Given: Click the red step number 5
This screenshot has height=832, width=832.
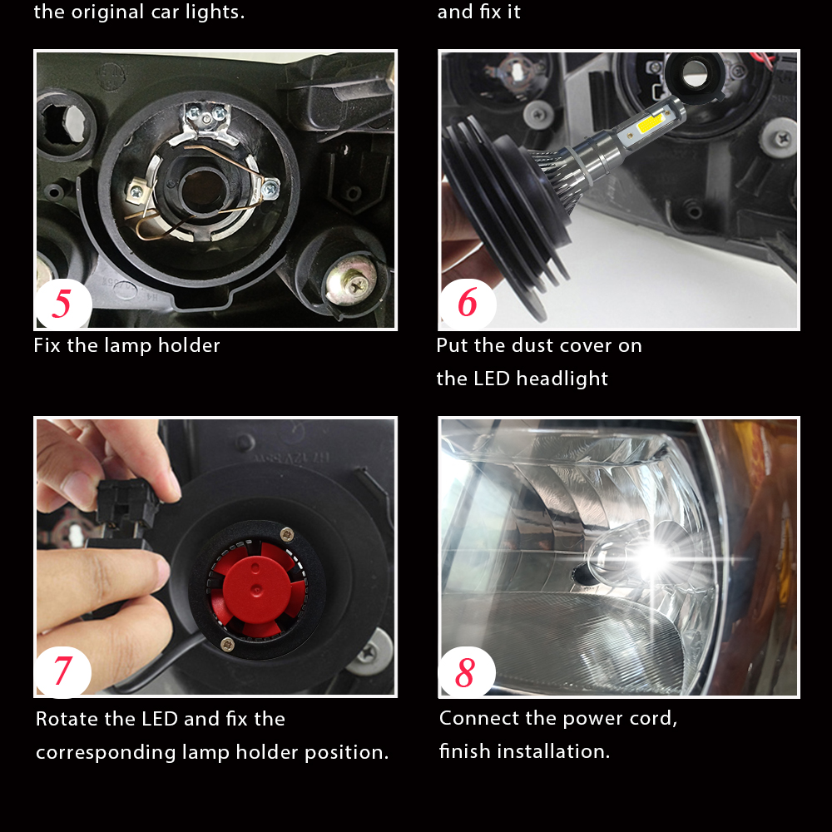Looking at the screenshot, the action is [62, 303].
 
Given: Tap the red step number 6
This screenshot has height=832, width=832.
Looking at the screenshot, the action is [468, 302].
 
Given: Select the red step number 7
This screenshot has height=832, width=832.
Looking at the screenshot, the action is [62, 671].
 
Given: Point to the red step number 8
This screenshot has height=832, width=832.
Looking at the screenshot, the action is [465, 672].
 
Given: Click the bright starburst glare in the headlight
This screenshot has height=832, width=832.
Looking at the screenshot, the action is [653, 558].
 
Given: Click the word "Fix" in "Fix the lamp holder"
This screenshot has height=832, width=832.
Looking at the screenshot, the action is [47, 345].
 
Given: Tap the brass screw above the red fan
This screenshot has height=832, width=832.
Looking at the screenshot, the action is [287, 532].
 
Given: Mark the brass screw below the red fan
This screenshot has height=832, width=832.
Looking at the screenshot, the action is [228, 644].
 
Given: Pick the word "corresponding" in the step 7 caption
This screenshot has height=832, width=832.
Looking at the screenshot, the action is [106, 753].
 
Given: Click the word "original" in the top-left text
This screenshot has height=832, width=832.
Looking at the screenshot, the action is [108, 12].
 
